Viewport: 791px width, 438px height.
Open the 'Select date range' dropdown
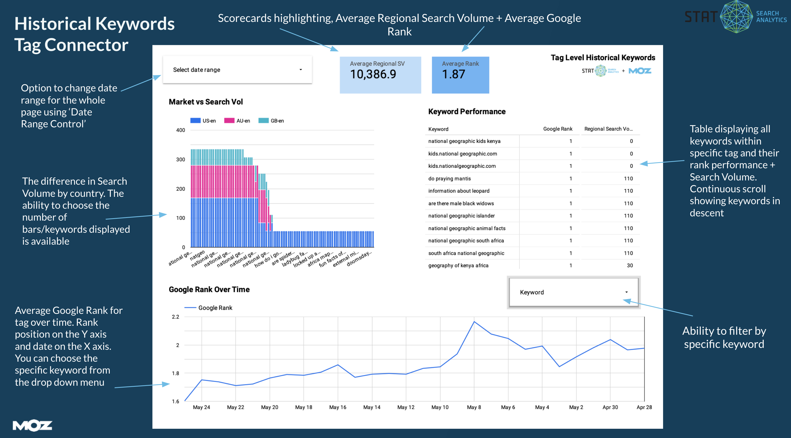[237, 70]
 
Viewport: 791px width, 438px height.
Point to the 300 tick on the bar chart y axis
[180, 160]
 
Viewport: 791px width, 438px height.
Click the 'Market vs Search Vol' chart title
[206, 102]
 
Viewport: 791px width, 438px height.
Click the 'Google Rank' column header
[557, 129]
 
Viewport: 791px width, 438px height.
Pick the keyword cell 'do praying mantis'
[449, 179]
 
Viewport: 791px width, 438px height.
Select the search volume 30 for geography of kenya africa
[630, 265]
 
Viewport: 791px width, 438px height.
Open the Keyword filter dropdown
[573, 292]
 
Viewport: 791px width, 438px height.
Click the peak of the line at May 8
[474, 322]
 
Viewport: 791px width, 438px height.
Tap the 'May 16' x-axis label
[337, 407]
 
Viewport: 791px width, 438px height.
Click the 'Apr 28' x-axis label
[644, 407]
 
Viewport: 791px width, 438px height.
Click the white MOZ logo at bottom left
[32, 425]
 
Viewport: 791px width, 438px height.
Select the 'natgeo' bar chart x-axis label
[197, 255]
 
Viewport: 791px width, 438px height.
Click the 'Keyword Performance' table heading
[467, 111]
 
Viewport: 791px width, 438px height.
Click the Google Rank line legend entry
[215, 308]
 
